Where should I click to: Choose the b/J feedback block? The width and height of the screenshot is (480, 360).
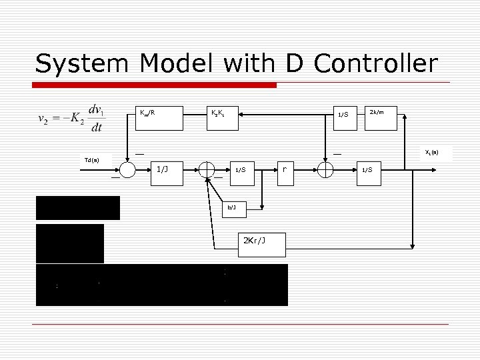coord(232,209)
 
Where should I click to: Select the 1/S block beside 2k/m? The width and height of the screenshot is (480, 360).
coord(343,115)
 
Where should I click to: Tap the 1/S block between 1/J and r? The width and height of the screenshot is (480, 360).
coord(241,171)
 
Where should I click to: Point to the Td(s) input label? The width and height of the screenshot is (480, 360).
coord(92,160)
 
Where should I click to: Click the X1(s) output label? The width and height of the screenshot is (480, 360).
coord(432,153)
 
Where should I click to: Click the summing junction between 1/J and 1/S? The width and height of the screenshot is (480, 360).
coord(207,171)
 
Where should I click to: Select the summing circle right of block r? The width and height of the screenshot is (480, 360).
coord(325,170)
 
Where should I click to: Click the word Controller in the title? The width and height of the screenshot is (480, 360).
coord(376,64)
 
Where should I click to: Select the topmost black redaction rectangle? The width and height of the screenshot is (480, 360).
coord(78,207)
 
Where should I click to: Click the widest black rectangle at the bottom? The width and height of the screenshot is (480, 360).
coord(162,285)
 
